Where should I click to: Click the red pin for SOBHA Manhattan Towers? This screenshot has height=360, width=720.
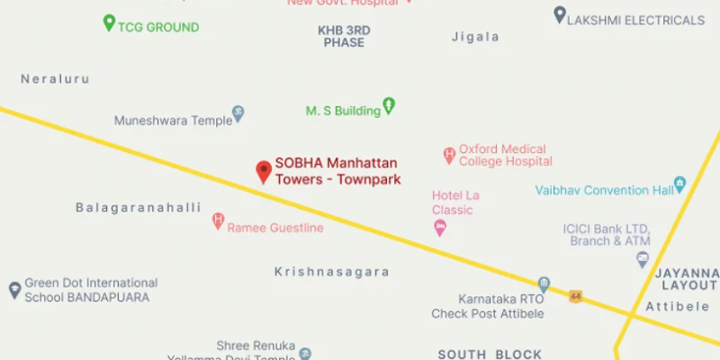264,170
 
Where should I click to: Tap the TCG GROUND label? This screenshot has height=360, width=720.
158,27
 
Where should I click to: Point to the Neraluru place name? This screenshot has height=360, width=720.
56,79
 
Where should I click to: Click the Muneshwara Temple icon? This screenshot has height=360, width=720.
238,114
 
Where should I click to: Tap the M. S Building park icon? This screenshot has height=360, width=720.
389,106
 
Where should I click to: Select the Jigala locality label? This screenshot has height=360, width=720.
475,37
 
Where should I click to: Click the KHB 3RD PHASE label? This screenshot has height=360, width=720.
344,36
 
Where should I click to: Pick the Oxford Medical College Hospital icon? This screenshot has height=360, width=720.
448,156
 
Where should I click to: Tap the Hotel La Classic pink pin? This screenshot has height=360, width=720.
440,228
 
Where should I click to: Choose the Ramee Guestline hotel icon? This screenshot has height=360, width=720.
218,220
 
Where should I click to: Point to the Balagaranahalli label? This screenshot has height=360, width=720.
138,208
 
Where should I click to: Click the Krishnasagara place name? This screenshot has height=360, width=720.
332,272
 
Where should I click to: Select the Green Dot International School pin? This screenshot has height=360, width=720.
14,290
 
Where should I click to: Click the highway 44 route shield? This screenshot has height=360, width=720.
575,296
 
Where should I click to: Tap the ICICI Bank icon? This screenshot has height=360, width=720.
643,259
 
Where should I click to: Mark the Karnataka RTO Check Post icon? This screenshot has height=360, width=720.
544,284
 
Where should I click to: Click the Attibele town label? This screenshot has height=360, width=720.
679,307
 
